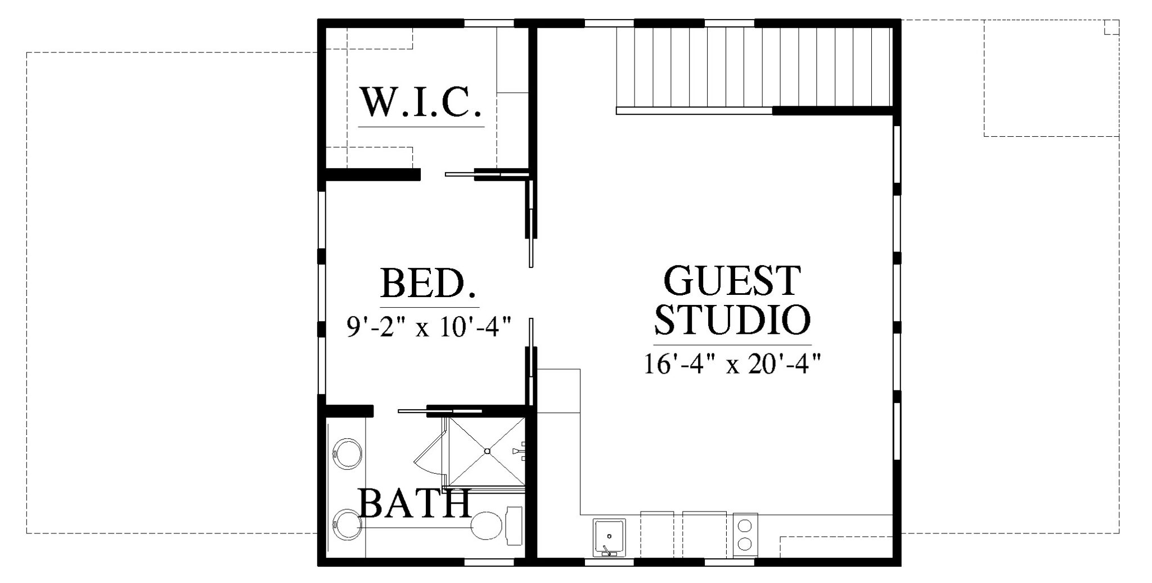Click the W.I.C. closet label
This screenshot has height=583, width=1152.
421,102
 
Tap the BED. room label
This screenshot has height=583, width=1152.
429,284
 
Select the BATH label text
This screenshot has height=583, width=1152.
414,504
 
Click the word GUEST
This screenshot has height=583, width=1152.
732,281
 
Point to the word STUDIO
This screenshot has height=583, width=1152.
732,320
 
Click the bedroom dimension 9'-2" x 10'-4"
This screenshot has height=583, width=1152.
429,326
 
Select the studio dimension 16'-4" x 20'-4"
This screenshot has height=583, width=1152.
732,364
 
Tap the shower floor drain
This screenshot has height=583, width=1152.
488,451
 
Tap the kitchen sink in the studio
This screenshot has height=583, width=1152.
609,537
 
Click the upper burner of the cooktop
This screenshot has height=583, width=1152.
745,526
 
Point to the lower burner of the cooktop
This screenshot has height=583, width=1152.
745,544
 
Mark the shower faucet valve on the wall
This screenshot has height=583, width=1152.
519,451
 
